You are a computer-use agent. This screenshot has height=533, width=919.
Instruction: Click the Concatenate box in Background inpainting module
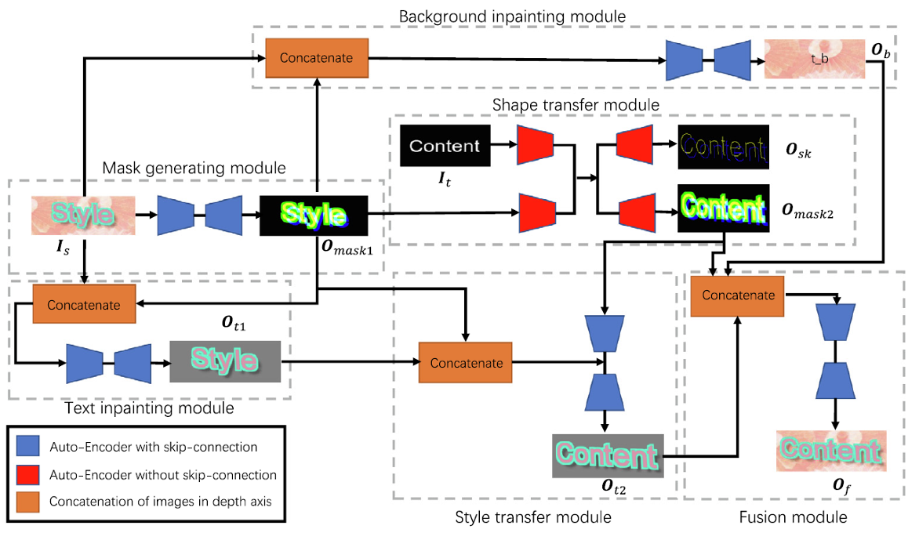pyautogui.click(x=317, y=57)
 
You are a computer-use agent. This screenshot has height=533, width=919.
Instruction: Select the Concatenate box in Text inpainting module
pyautogui.click(x=84, y=305)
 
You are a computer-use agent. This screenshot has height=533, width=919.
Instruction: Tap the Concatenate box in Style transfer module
pyautogui.click(x=466, y=363)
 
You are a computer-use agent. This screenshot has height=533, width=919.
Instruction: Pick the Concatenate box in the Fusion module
pyautogui.click(x=738, y=296)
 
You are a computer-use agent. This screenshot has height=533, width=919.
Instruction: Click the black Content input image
pyautogui.click(x=445, y=146)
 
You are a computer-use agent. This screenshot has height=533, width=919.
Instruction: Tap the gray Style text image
pyautogui.click(x=225, y=361)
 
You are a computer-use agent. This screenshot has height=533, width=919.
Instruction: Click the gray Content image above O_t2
pyautogui.click(x=608, y=455)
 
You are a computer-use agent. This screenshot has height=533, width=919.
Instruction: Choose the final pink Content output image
pyautogui.click(x=831, y=451)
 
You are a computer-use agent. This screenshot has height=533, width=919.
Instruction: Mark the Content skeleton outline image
pyautogui.click(x=721, y=147)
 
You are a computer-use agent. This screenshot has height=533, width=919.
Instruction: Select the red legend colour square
pyautogui.click(x=27, y=474)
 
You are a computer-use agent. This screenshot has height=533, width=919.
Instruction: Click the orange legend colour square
pyautogui.click(x=27, y=501)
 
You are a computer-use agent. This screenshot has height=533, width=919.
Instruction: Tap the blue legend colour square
pyautogui.click(x=27, y=448)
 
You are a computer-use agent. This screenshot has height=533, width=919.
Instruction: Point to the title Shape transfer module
pyautogui.click(x=576, y=104)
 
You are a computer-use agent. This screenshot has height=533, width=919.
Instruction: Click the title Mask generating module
pyautogui.click(x=194, y=167)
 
